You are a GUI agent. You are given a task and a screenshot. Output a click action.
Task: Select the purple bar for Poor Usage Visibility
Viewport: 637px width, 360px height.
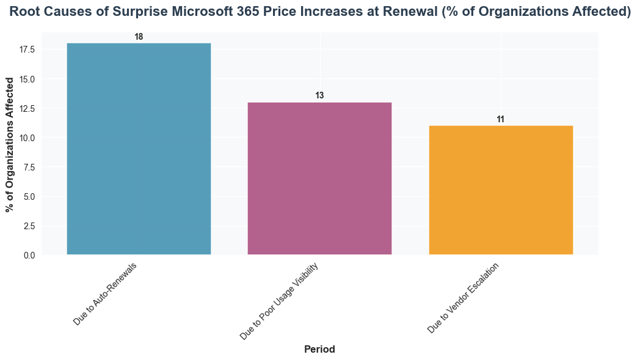point(319,178)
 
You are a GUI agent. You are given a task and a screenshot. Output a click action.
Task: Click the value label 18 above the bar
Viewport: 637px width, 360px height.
point(139,37)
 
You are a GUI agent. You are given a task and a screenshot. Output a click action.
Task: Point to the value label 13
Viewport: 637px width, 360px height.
point(319,96)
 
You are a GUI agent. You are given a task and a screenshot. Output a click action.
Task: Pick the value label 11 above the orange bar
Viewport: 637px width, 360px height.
point(500,119)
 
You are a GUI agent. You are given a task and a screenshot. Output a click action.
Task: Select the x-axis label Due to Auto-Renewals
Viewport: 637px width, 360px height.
point(104,294)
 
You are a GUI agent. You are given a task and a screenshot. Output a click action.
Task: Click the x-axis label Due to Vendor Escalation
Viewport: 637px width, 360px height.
point(463,298)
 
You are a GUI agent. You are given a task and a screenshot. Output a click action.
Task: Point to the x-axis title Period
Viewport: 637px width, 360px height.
point(319,350)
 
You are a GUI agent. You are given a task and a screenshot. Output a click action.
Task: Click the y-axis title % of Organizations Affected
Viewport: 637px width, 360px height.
point(10,145)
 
